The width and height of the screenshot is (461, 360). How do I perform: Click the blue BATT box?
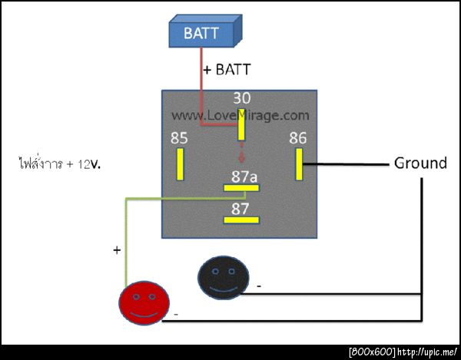click(x=203, y=33)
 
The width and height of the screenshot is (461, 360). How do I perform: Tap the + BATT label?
click(x=227, y=69)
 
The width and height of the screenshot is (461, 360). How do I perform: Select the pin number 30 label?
click(x=242, y=99)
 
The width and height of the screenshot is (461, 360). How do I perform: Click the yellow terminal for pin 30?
click(x=241, y=124)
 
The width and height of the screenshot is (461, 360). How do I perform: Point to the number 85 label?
click(x=179, y=139)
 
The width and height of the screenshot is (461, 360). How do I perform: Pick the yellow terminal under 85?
click(x=181, y=163)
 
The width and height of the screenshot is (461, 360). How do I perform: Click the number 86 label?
click(x=297, y=138)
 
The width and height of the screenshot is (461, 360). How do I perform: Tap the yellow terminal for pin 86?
click(x=298, y=163)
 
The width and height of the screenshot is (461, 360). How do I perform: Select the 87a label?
click(x=244, y=177)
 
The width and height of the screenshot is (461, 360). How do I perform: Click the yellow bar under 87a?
click(x=241, y=188)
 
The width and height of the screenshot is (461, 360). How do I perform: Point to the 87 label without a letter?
click(x=240, y=208)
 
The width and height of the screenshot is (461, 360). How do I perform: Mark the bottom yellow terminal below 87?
click(x=241, y=220)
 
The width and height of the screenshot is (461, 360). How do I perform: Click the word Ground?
click(x=420, y=163)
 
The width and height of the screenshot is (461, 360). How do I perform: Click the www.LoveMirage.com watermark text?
click(x=240, y=115)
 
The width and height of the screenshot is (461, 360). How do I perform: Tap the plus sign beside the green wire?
click(x=117, y=250)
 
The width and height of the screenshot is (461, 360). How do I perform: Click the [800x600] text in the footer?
click(x=372, y=352)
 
